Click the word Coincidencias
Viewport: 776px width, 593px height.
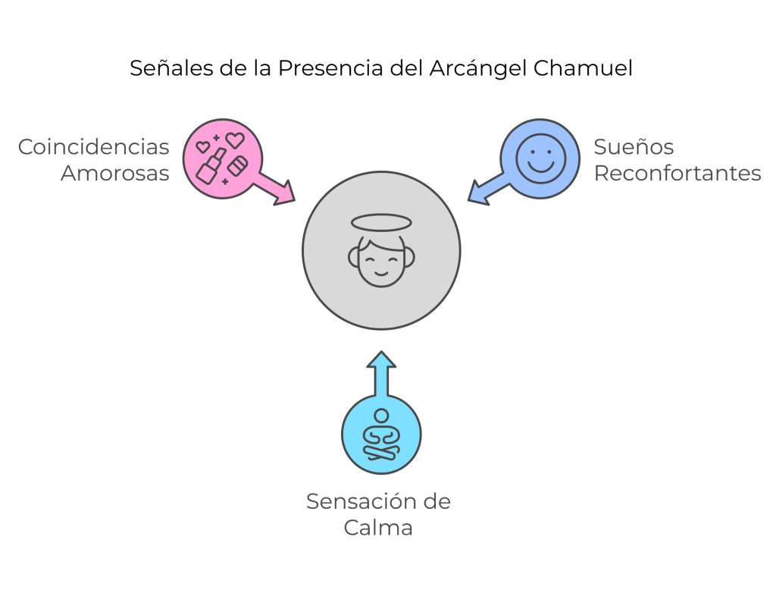(x=93, y=146)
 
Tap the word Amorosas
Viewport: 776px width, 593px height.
(x=114, y=173)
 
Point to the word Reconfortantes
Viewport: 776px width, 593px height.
(x=677, y=173)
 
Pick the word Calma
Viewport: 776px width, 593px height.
(x=377, y=528)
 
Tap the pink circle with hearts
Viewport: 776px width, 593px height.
(x=222, y=158)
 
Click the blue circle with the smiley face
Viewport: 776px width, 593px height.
(x=540, y=158)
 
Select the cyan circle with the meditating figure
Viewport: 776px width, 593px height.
(x=381, y=435)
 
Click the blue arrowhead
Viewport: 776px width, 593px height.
(x=478, y=193)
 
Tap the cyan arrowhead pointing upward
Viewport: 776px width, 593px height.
(x=381, y=359)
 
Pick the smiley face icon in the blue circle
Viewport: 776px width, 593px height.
(x=540, y=158)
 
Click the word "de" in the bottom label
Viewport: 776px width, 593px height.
(x=436, y=501)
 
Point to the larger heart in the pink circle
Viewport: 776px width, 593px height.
(x=236, y=140)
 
